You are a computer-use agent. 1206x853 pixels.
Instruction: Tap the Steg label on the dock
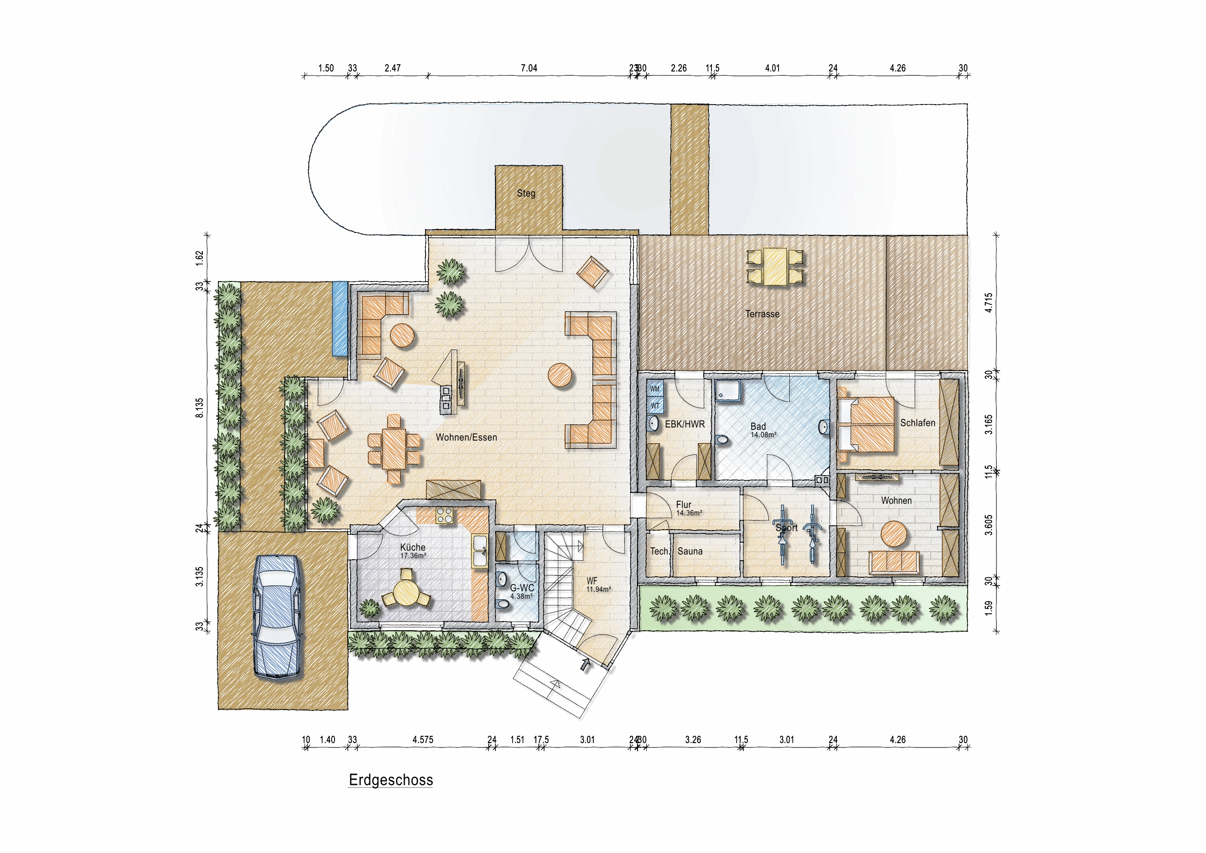[526, 193]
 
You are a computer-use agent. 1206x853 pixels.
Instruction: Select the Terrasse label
[762, 314]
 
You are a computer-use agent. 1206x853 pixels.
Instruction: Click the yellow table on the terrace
[775, 267]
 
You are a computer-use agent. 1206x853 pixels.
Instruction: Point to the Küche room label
[413, 548]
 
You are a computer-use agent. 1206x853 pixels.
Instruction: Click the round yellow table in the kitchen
[406, 594]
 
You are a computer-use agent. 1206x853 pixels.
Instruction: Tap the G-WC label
[522, 588]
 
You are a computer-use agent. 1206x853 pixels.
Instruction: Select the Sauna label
[690, 551]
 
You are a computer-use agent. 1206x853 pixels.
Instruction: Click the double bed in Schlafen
[867, 425]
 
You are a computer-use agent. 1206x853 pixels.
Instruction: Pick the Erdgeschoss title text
[391, 780]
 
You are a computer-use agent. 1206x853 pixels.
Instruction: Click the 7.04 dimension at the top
[529, 68]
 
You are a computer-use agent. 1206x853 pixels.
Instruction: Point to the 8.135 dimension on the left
[199, 408]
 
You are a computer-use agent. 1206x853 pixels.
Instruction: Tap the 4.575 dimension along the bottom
[423, 740]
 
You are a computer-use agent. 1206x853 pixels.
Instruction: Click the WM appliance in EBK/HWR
[655, 389]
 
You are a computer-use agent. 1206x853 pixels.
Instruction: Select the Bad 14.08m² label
[762, 429]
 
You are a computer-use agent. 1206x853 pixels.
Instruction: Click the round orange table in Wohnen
[893, 533]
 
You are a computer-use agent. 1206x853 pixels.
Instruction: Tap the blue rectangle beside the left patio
[340, 319]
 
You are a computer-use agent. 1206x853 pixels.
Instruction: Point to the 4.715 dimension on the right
[989, 303]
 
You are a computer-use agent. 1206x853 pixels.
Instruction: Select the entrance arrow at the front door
[585, 665]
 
